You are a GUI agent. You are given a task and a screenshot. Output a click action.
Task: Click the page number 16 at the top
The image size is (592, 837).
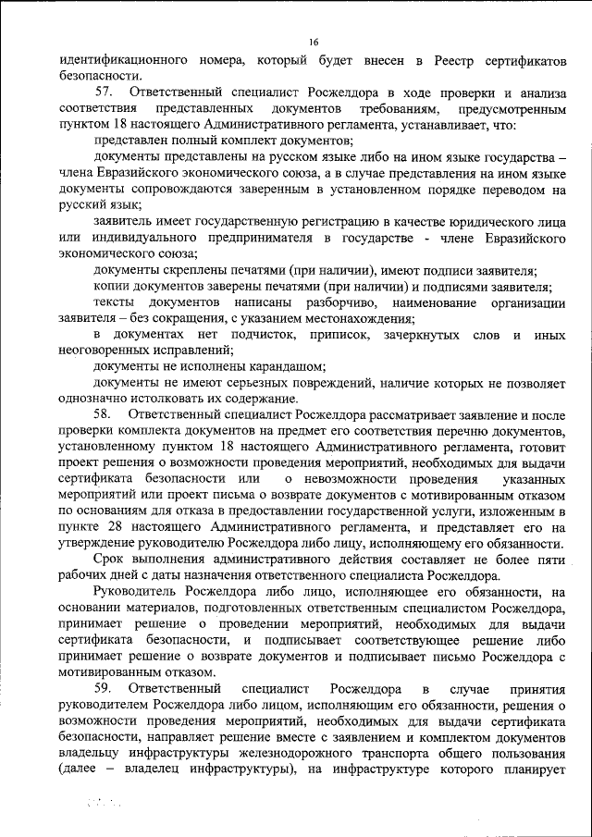314,43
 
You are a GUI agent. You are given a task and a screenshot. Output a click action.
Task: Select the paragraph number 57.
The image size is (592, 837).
105,93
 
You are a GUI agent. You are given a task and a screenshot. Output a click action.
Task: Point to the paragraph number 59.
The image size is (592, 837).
105,689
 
